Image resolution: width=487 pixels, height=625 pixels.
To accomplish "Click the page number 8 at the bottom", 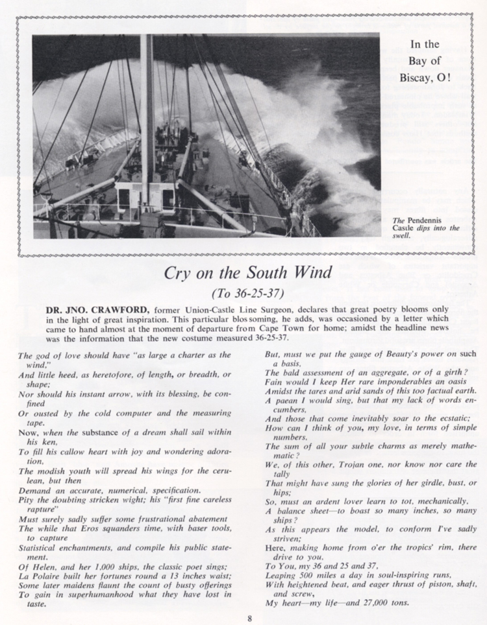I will point(249,617).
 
